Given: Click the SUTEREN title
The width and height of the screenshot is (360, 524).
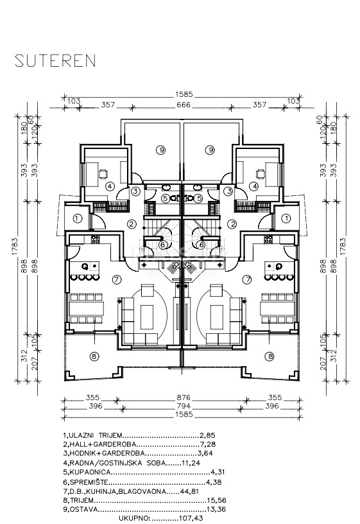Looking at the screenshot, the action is point(55,61).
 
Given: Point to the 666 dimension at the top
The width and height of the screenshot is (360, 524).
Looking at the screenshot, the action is point(184,105).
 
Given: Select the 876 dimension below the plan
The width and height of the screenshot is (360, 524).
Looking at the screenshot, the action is point(184,397).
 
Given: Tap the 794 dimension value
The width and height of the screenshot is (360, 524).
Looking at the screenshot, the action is point(184,406).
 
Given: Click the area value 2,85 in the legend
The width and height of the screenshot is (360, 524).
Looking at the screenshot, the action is point(207,435).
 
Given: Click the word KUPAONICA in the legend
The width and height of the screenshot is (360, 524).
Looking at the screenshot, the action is point(89,472).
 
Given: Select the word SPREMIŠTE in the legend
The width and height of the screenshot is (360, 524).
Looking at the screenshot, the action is point(89,482).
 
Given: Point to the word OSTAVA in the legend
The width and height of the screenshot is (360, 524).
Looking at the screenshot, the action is point(84,510).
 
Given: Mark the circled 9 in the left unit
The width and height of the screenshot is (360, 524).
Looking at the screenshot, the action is point(162,150).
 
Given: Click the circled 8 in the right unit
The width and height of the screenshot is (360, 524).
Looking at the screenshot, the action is point(270,356).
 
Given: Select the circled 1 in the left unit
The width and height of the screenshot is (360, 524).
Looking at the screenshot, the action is point(78,218).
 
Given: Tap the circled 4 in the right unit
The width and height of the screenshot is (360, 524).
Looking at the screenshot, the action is point(255,186).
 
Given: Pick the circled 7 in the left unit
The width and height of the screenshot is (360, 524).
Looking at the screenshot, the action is point(116,279).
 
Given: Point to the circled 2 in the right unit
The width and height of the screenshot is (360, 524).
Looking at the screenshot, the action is point(232,224).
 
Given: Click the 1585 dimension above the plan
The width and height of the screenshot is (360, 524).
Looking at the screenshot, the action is point(184,95).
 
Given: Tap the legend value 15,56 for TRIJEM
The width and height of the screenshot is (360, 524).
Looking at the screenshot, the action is point(217,500).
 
